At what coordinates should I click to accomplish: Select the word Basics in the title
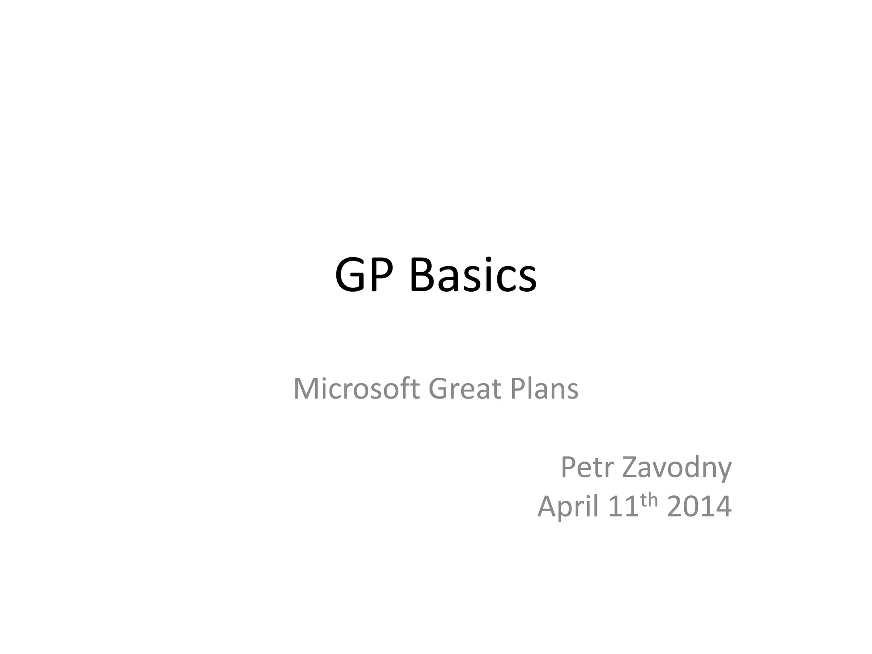coord(473,275)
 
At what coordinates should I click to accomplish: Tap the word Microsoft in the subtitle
coord(356,389)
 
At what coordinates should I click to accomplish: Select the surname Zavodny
coord(677,468)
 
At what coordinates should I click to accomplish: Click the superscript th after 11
coord(649,501)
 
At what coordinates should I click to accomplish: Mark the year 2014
coord(699,507)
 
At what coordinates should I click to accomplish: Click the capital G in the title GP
coord(352,275)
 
